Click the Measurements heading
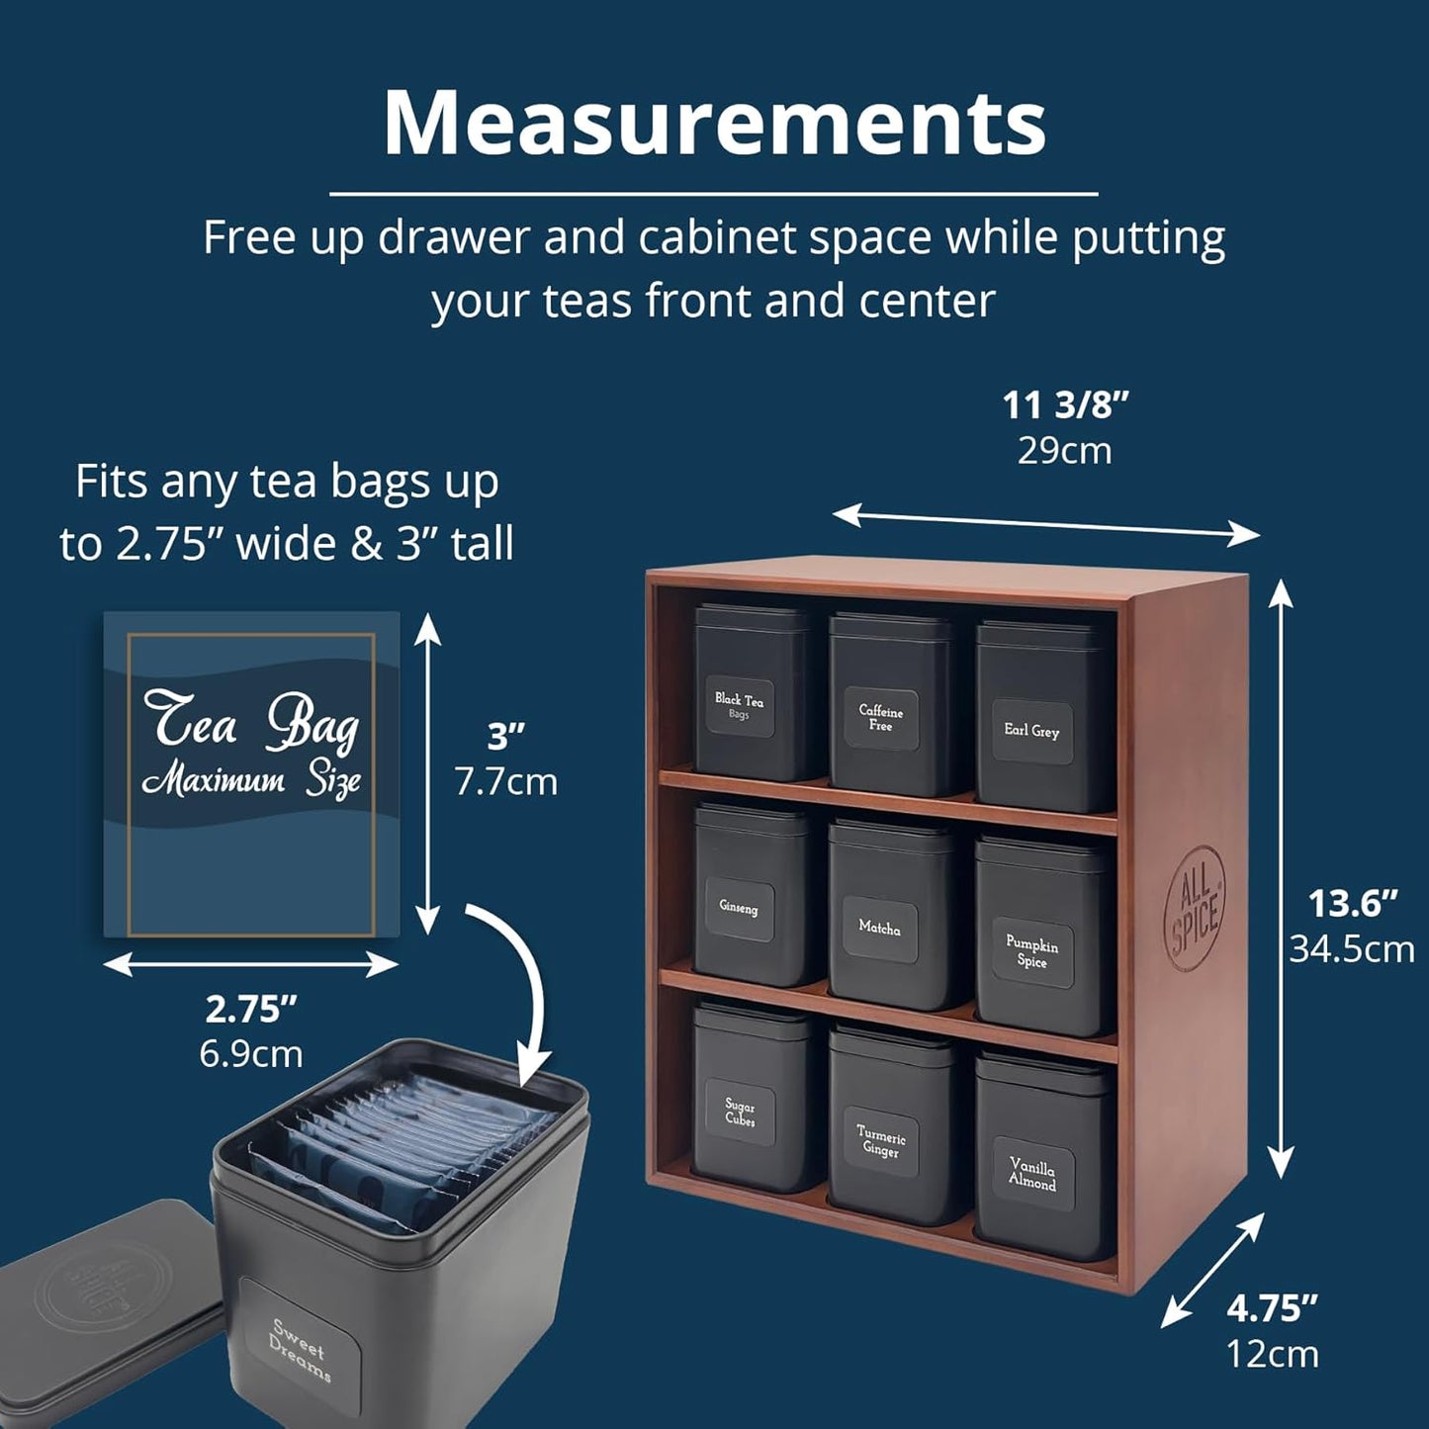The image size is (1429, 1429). pos(714,124)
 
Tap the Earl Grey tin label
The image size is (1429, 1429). pos(1031,731)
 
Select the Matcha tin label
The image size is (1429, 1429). pos(879,928)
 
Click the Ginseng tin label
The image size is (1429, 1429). pos(739,907)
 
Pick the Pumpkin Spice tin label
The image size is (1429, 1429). pos(1031,953)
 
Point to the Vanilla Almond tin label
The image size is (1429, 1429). pos(1031,1174)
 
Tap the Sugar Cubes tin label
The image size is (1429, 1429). pos(740,1113)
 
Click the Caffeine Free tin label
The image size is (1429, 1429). pos(880,718)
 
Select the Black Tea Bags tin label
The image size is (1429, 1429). pos(739,705)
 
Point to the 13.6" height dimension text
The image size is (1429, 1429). pos(1352,904)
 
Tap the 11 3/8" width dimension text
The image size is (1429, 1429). pos(1065,405)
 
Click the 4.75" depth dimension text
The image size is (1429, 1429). pos(1272,1308)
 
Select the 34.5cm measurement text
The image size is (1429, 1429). pos(1352,949)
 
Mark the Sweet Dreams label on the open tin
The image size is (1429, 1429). pos(299,1350)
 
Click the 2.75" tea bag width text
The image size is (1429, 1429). pos(251,1010)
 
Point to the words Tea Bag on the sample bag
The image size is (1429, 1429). pos(251,725)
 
